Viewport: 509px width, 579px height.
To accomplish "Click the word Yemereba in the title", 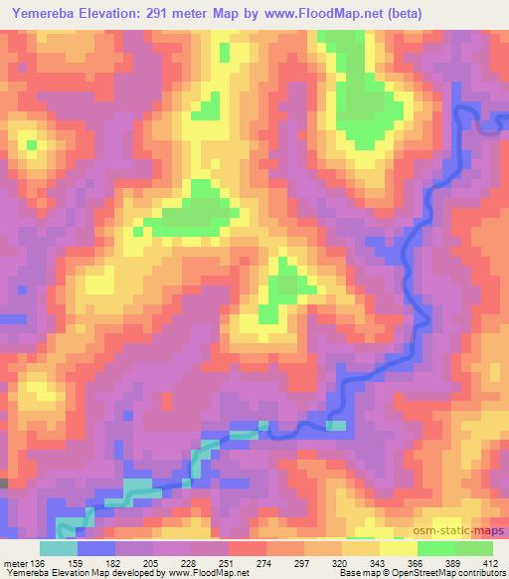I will click(x=41, y=14).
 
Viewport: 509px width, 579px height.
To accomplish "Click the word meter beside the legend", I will click(x=15, y=564).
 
